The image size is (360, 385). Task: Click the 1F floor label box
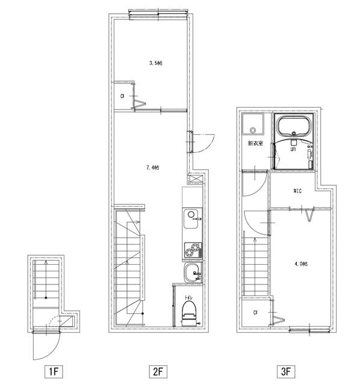click(54, 372)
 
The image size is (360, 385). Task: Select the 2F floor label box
click(158, 372)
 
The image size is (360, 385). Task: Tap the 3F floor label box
click(286, 372)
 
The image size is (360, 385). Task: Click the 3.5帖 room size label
click(156, 63)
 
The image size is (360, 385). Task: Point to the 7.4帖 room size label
click(152, 168)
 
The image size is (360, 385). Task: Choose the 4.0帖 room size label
click(301, 264)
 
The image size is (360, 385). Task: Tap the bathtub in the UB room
click(294, 125)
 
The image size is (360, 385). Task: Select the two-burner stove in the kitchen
click(193, 250)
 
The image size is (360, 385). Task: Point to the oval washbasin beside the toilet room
click(193, 273)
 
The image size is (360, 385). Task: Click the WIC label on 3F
click(297, 191)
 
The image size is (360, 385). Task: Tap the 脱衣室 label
click(255, 143)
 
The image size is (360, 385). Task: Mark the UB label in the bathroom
click(293, 149)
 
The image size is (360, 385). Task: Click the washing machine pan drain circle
click(253, 130)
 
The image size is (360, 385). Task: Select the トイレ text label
click(188, 298)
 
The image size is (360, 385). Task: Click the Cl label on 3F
click(255, 313)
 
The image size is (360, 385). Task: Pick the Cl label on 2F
click(122, 96)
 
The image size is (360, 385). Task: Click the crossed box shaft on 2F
click(196, 179)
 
